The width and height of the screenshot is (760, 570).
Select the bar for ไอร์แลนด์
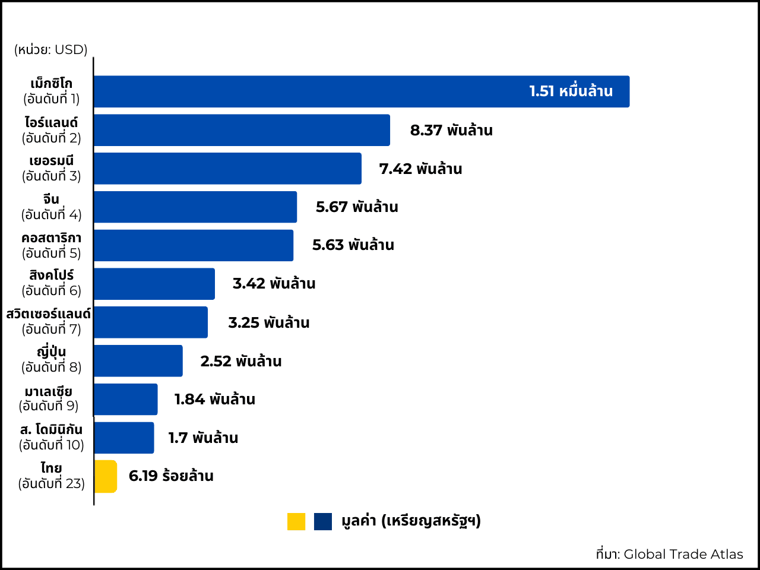[242, 130]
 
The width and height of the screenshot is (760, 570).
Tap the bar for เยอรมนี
[227, 169]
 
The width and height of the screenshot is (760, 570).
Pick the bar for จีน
[195, 207]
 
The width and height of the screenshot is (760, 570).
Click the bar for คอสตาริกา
[194, 245]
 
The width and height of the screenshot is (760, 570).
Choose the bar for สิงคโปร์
[154, 284]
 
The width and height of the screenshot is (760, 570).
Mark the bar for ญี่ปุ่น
[138, 360]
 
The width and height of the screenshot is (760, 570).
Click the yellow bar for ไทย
[106, 476]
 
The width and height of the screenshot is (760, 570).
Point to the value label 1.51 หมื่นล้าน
[571, 91]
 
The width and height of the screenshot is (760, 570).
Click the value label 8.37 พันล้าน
[451, 131]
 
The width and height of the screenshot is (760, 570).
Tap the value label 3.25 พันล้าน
[269, 322]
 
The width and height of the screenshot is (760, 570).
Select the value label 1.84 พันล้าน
[214, 400]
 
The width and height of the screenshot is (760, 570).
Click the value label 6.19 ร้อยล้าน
[171, 476]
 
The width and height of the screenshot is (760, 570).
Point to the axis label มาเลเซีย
[49, 392]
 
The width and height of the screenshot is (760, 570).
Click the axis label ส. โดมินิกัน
[51, 430]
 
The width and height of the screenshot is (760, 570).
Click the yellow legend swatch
[296, 521]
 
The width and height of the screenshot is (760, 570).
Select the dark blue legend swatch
[323, 521]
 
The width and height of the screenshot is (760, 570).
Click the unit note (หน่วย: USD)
[51, 50]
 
